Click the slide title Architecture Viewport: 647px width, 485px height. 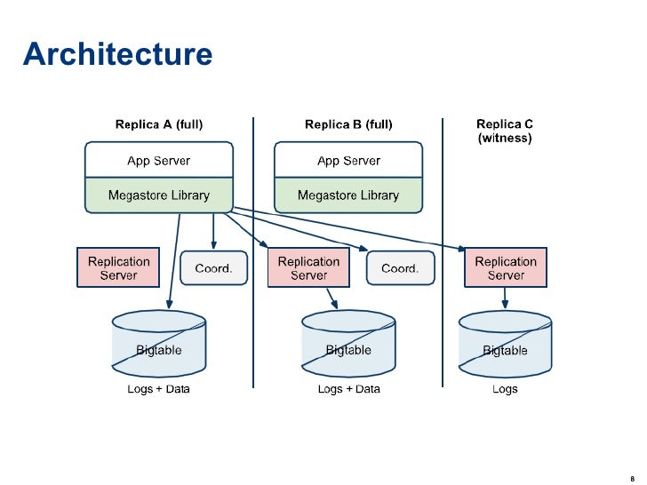[117, 55]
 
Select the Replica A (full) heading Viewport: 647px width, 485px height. [159, 125]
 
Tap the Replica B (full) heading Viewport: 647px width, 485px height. [348, 125]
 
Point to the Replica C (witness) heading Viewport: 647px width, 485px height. [505, 131]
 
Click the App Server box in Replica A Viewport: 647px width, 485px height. [159, 161]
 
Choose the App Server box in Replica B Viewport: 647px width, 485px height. [348, 161]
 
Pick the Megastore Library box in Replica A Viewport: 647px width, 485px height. [159, 195]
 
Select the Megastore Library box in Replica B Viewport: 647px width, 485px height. [348, 195]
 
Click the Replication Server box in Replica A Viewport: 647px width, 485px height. [118, 268]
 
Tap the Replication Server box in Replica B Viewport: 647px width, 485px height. [308, 268]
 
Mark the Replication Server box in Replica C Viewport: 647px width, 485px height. [506, 268]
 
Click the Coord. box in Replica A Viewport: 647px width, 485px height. [213, 268]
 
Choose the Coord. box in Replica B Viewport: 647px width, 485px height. [400, 268]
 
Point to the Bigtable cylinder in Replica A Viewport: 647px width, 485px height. [159, 346]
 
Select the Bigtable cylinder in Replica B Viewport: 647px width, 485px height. [348, 346]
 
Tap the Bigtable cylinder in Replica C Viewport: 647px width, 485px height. [505, 346]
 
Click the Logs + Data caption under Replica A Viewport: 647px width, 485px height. [159, 389]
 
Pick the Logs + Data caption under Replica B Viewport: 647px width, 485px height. [348, 389]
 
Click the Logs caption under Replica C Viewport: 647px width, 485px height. [505, 389]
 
